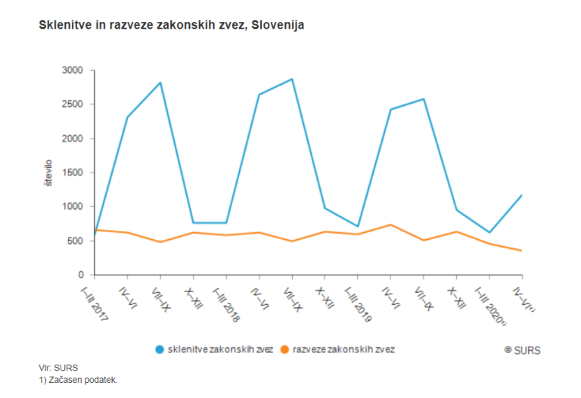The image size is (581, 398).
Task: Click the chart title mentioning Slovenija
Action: tap(171, 26)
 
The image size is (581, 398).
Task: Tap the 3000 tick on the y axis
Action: tap(74, 70)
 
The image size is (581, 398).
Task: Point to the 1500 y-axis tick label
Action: tap(74, 173)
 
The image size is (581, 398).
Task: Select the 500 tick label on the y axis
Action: tap(76, 241)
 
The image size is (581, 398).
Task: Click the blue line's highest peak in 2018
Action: tap(292, 79)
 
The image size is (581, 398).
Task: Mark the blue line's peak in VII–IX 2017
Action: tap(160, 82)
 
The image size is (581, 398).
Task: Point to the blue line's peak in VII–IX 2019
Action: tap(424, 99)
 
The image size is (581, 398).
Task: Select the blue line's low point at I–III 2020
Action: tap(489, 232)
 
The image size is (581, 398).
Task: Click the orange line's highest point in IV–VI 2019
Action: tap(390, 225)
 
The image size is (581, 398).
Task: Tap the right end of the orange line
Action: tap(522, 250)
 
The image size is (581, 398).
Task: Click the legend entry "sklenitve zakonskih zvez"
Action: tap(220, 350)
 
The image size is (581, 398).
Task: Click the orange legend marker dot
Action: tap(284, 350)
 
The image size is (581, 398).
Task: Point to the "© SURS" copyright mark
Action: tap(522, 350)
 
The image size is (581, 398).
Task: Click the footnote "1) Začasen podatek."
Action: tap(79, 380)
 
